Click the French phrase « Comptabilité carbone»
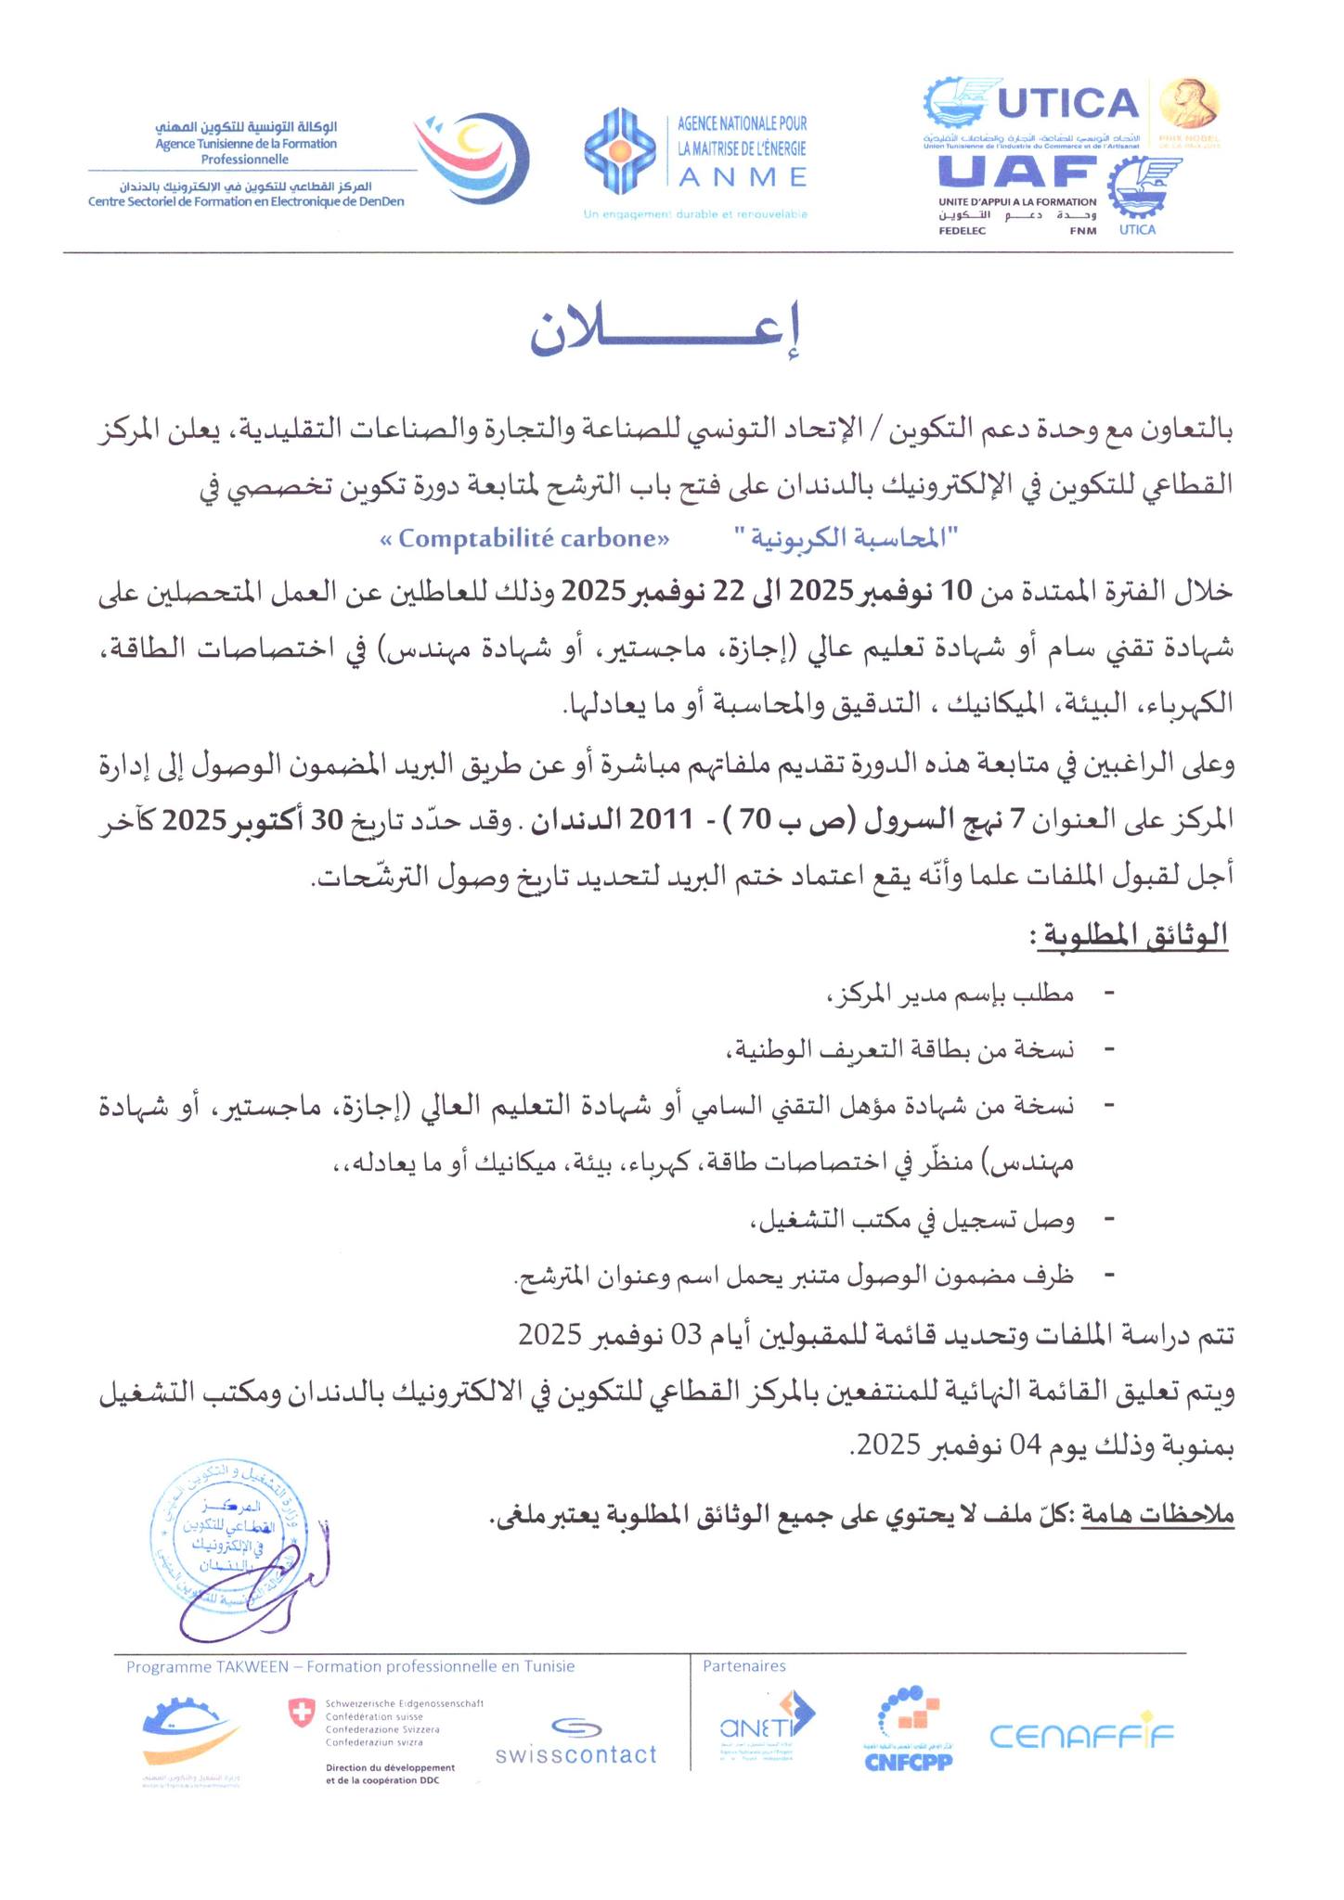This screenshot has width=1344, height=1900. point(524,539)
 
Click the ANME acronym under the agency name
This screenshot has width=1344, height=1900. point(742,176)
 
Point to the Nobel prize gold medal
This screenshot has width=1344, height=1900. point(1190,104)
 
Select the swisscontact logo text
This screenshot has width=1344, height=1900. point(575,1754)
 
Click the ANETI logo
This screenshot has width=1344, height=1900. point(767,1728)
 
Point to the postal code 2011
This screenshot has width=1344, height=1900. point(661,821)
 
